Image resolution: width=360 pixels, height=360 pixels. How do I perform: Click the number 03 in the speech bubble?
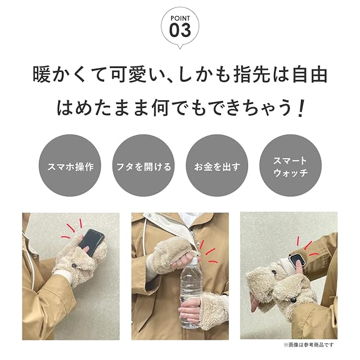(180, 30)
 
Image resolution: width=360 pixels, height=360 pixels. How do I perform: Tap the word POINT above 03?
(180, 18)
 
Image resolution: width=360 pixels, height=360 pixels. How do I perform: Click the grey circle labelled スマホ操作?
(70, 165)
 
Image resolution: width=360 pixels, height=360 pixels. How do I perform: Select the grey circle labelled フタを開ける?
(143, 165)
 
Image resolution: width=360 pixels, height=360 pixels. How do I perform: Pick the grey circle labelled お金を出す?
(217, 165)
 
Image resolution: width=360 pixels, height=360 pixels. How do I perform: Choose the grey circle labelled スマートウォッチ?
(290, 165)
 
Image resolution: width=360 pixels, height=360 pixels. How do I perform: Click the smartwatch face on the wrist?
(296, 261)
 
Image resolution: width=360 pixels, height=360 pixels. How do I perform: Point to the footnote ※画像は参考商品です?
(309, 345)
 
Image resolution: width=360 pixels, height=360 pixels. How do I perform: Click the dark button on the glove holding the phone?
(74, 265)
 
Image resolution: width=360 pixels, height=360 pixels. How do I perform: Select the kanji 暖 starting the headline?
(41, 74)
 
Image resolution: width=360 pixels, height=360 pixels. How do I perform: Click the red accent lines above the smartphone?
(72, 228)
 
